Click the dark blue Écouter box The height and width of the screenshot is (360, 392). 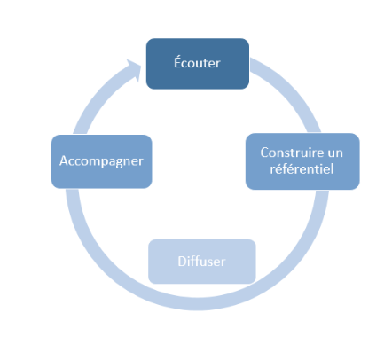[x=198, y=64]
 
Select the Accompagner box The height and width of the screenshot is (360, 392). [x=102, y=161]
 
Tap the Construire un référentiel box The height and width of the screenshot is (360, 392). [x=302, y=161]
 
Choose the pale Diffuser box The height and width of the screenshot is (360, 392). [x=202, y=262]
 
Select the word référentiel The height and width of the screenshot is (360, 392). [x=302, y=169]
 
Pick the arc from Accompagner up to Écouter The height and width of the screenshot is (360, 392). [x=100, y=98]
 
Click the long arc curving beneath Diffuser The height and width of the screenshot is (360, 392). [x=198, y=304]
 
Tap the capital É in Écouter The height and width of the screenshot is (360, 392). [x=177, y=62]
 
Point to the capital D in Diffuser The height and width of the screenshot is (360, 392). [x=182, y=262]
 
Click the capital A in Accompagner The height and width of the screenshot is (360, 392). [x=65, y=161]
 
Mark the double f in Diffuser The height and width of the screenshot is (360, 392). [x=194, y=261]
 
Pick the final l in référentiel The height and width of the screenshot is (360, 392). [x=332, y=168]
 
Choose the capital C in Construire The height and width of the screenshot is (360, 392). [x=264, y=153]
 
